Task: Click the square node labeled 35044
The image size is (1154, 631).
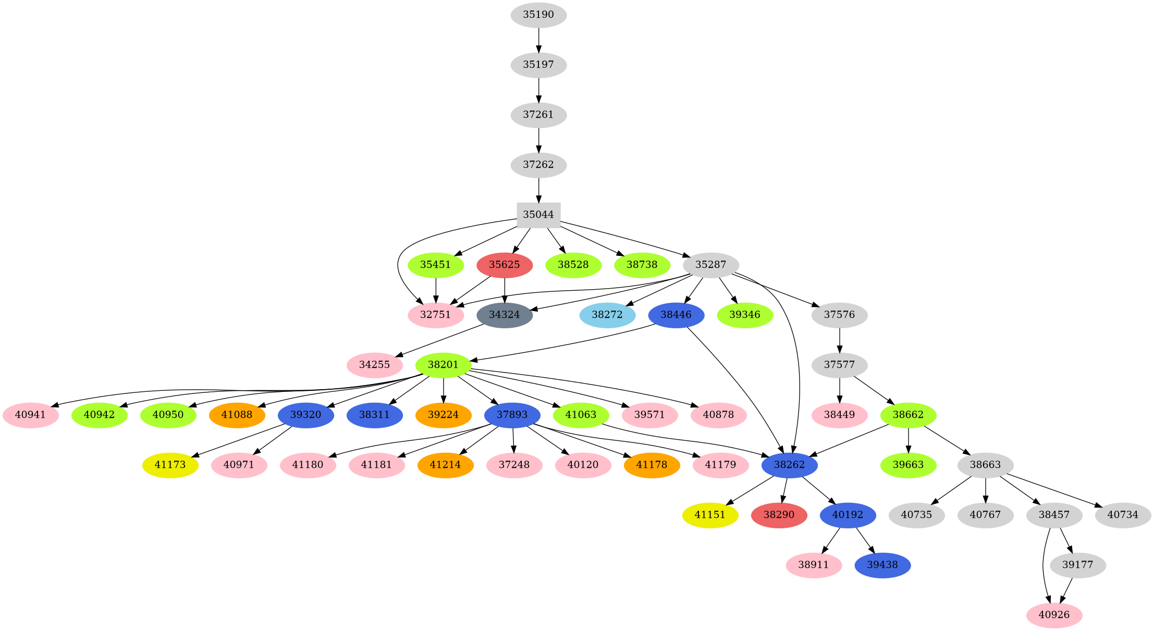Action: coord(538,215)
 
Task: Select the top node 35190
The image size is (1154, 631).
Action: coord(538,15)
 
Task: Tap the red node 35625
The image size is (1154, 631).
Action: coord(505,265)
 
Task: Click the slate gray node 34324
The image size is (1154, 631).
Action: coord(505,315)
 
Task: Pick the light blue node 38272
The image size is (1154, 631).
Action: coord(607,315)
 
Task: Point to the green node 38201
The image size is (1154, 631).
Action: coord(443,365)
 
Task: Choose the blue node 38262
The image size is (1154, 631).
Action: coord(789,465)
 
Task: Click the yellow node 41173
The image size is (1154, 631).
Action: coord(170,465)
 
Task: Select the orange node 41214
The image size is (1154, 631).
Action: coord(446,465)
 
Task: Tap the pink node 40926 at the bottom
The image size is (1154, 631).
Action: coord(1054,615)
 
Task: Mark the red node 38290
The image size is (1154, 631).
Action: coord(779,515)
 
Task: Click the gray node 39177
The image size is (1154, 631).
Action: coord(1077,565)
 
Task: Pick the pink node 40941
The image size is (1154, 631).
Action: coord(31,415)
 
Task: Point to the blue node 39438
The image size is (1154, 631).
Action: coord(882,565)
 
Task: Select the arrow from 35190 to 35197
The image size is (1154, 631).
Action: coord(538,40)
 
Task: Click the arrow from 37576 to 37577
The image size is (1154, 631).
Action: coord(840,340)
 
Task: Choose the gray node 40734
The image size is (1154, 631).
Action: coord(1123,515)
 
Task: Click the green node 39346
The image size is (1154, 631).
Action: coord(745,315)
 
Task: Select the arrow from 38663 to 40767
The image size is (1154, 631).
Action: coord(986,490)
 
